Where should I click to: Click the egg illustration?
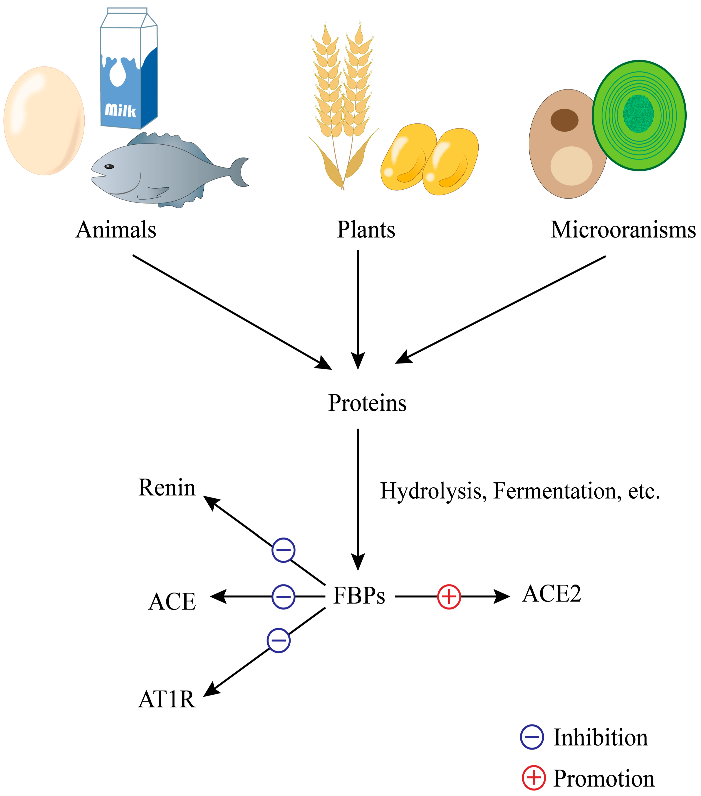(44, 121)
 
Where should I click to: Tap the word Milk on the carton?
(120, 111)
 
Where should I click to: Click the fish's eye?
(110, 167)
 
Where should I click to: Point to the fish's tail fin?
(240, 172)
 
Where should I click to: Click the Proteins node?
(367, 403)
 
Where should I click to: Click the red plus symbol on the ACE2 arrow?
(449, 596)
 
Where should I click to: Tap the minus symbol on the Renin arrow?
(283, 550)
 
